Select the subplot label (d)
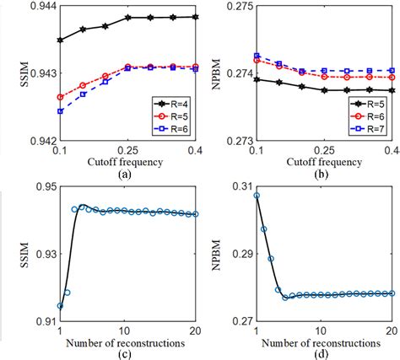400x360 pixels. pos(324,354)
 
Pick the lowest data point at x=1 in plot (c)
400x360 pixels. pos(60,306)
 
